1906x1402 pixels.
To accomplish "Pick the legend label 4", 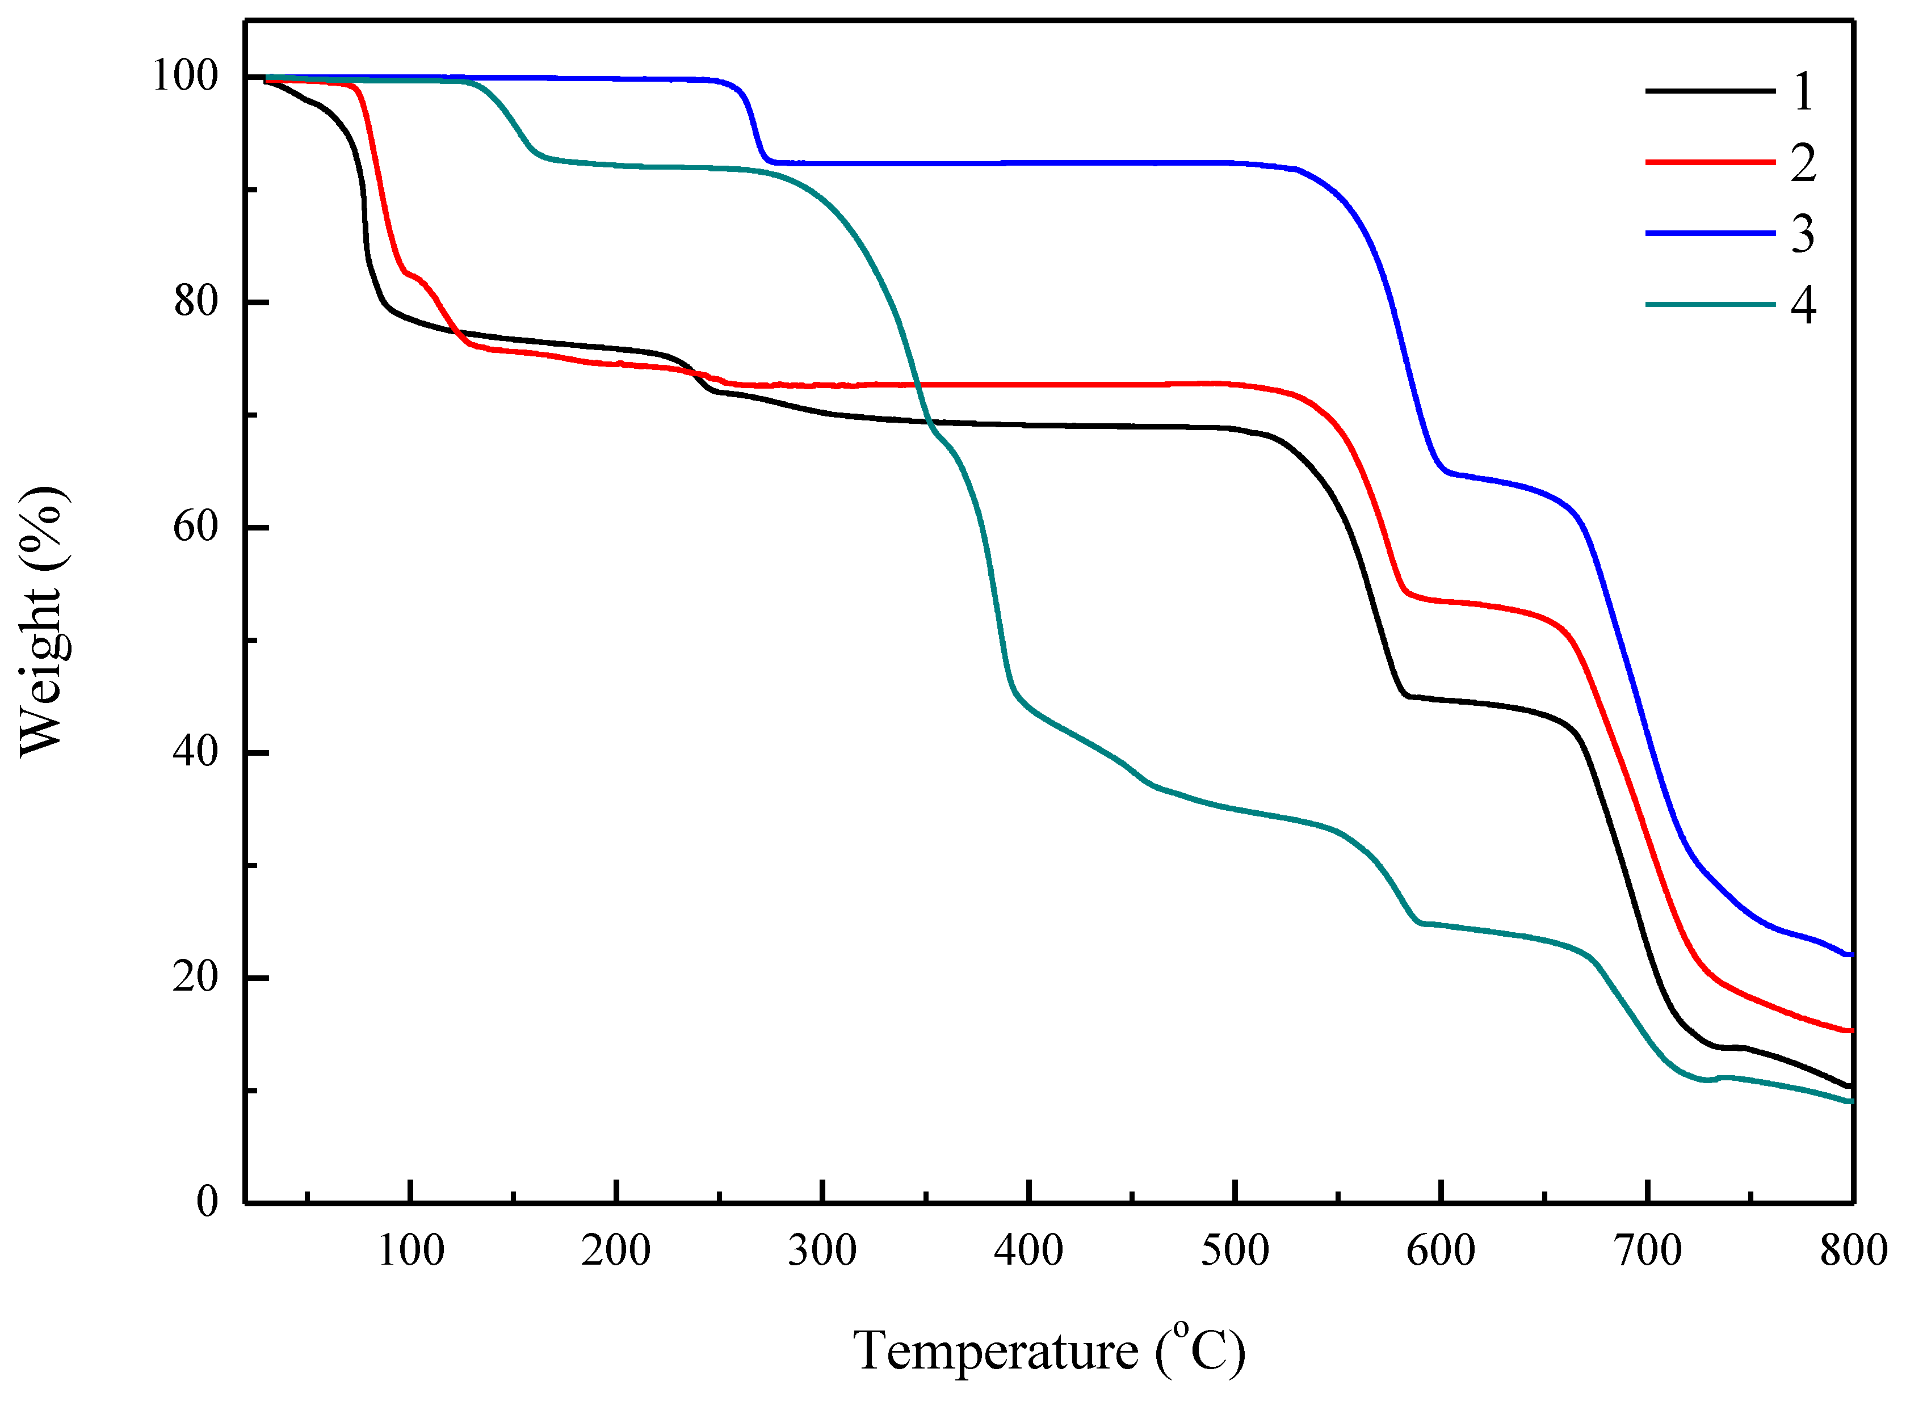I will pyautogui.click(x=1803, y=305).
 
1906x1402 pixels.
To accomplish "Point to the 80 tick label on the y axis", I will pyautogui.click(x=196, y=301).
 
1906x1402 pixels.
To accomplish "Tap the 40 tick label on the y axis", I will pyautogui.click(x=196, y=751).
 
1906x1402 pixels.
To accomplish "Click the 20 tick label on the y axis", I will pyautogui.click(x=196, y=977).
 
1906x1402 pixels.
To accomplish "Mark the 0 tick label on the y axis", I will pyautogui.click(x=207, y=1202).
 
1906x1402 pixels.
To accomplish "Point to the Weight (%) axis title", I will pyautogui.click(x=43, y=621).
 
